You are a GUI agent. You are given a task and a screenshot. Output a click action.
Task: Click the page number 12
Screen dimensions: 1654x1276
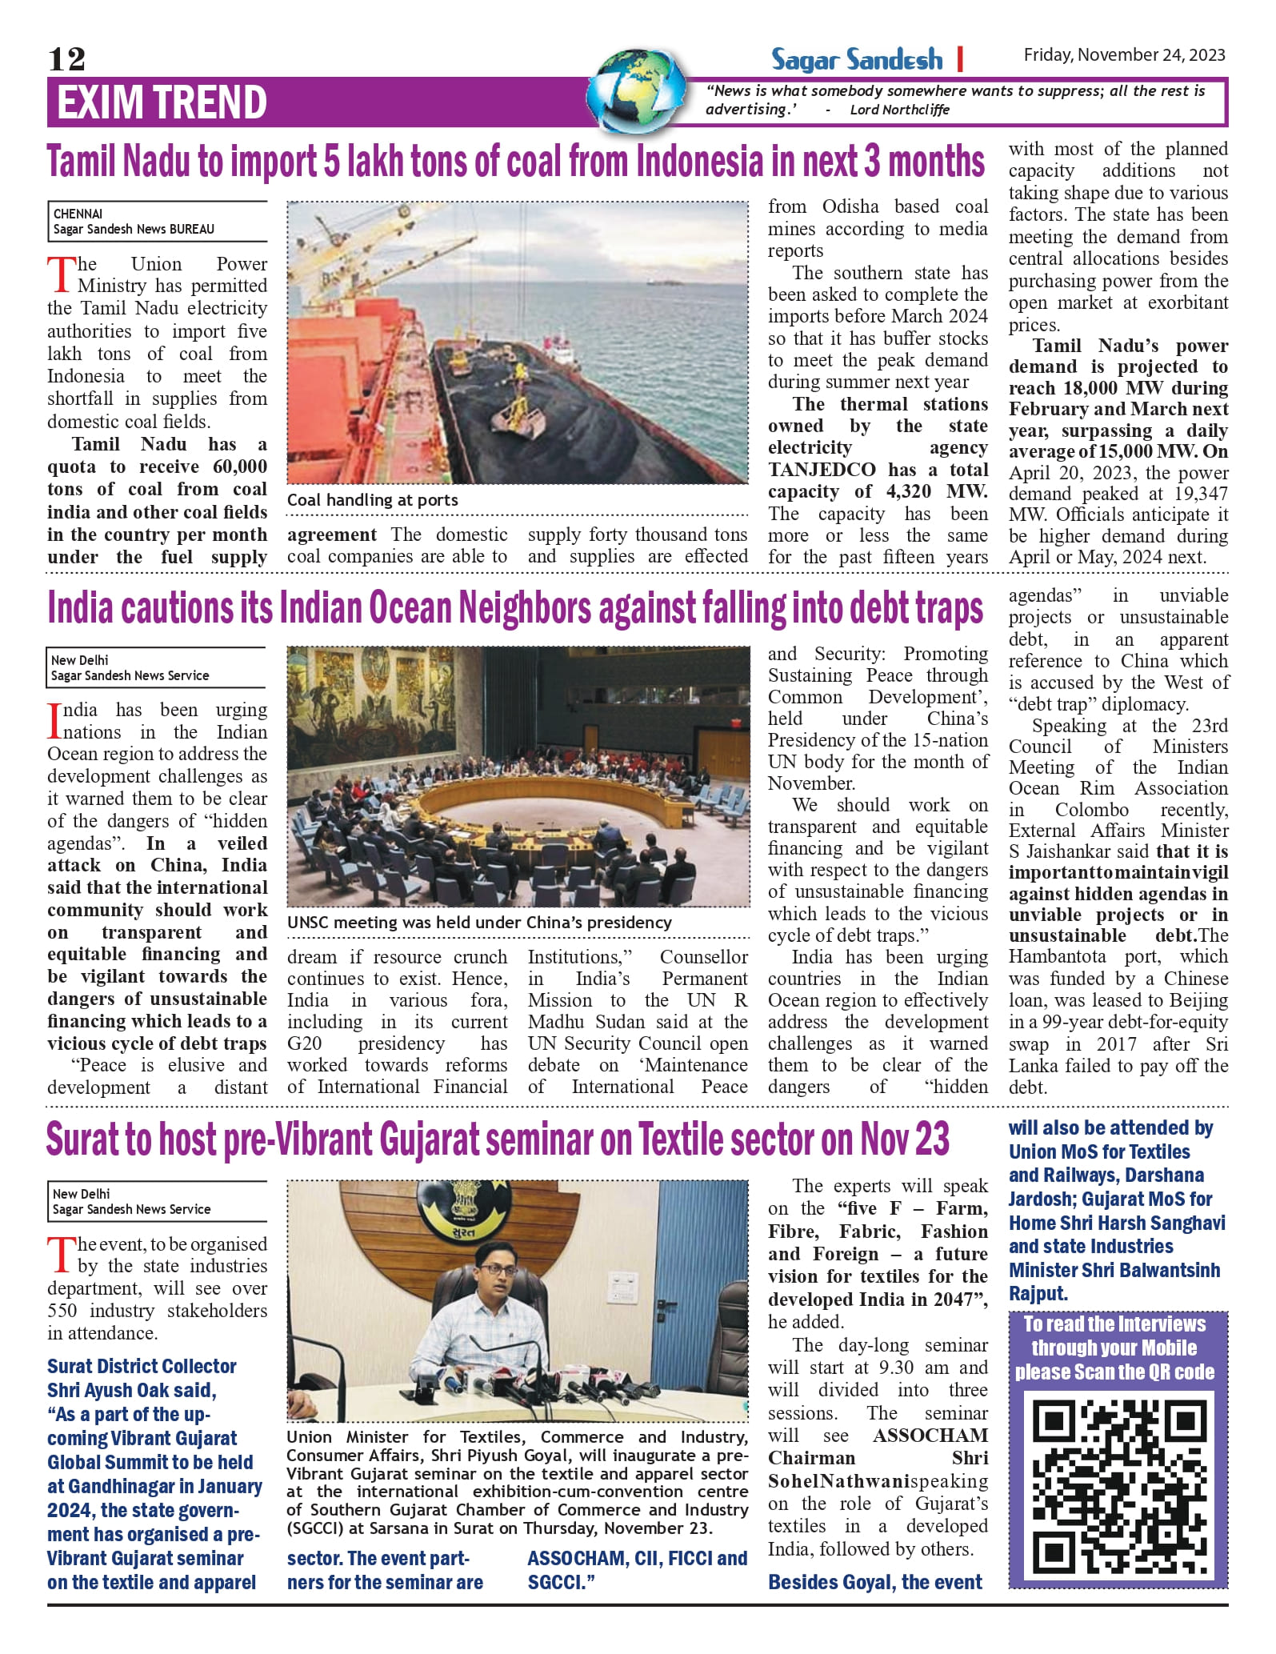click(66, 58)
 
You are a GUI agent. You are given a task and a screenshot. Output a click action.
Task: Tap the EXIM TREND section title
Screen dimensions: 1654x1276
click(161, 102)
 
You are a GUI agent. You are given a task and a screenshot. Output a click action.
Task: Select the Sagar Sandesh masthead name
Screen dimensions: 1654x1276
click(856, 60)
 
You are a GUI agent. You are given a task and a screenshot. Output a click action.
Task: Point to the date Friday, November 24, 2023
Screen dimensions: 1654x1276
click(1124, 54)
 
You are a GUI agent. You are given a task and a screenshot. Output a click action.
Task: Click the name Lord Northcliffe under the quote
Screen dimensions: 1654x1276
click(899, 110)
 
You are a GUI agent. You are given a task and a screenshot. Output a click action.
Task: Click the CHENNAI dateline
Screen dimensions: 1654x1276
click(78, 214)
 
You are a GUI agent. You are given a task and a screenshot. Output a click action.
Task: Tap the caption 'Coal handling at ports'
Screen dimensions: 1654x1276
click(373, 500)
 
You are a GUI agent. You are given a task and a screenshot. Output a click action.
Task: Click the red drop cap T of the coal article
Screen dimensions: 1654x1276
click(61, 274)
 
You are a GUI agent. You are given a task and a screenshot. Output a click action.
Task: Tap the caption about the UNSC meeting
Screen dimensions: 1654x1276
click(479, 923)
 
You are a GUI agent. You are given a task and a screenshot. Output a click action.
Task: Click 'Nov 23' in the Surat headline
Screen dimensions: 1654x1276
click(904, 1139)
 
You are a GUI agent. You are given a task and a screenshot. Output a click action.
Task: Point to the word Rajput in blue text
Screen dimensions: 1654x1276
click(1038, 1293)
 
